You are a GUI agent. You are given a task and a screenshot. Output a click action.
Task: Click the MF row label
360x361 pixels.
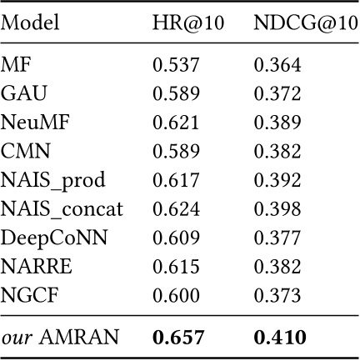[x=15, y=65]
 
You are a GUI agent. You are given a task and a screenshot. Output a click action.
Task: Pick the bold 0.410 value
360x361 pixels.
[x=282, y=337]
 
